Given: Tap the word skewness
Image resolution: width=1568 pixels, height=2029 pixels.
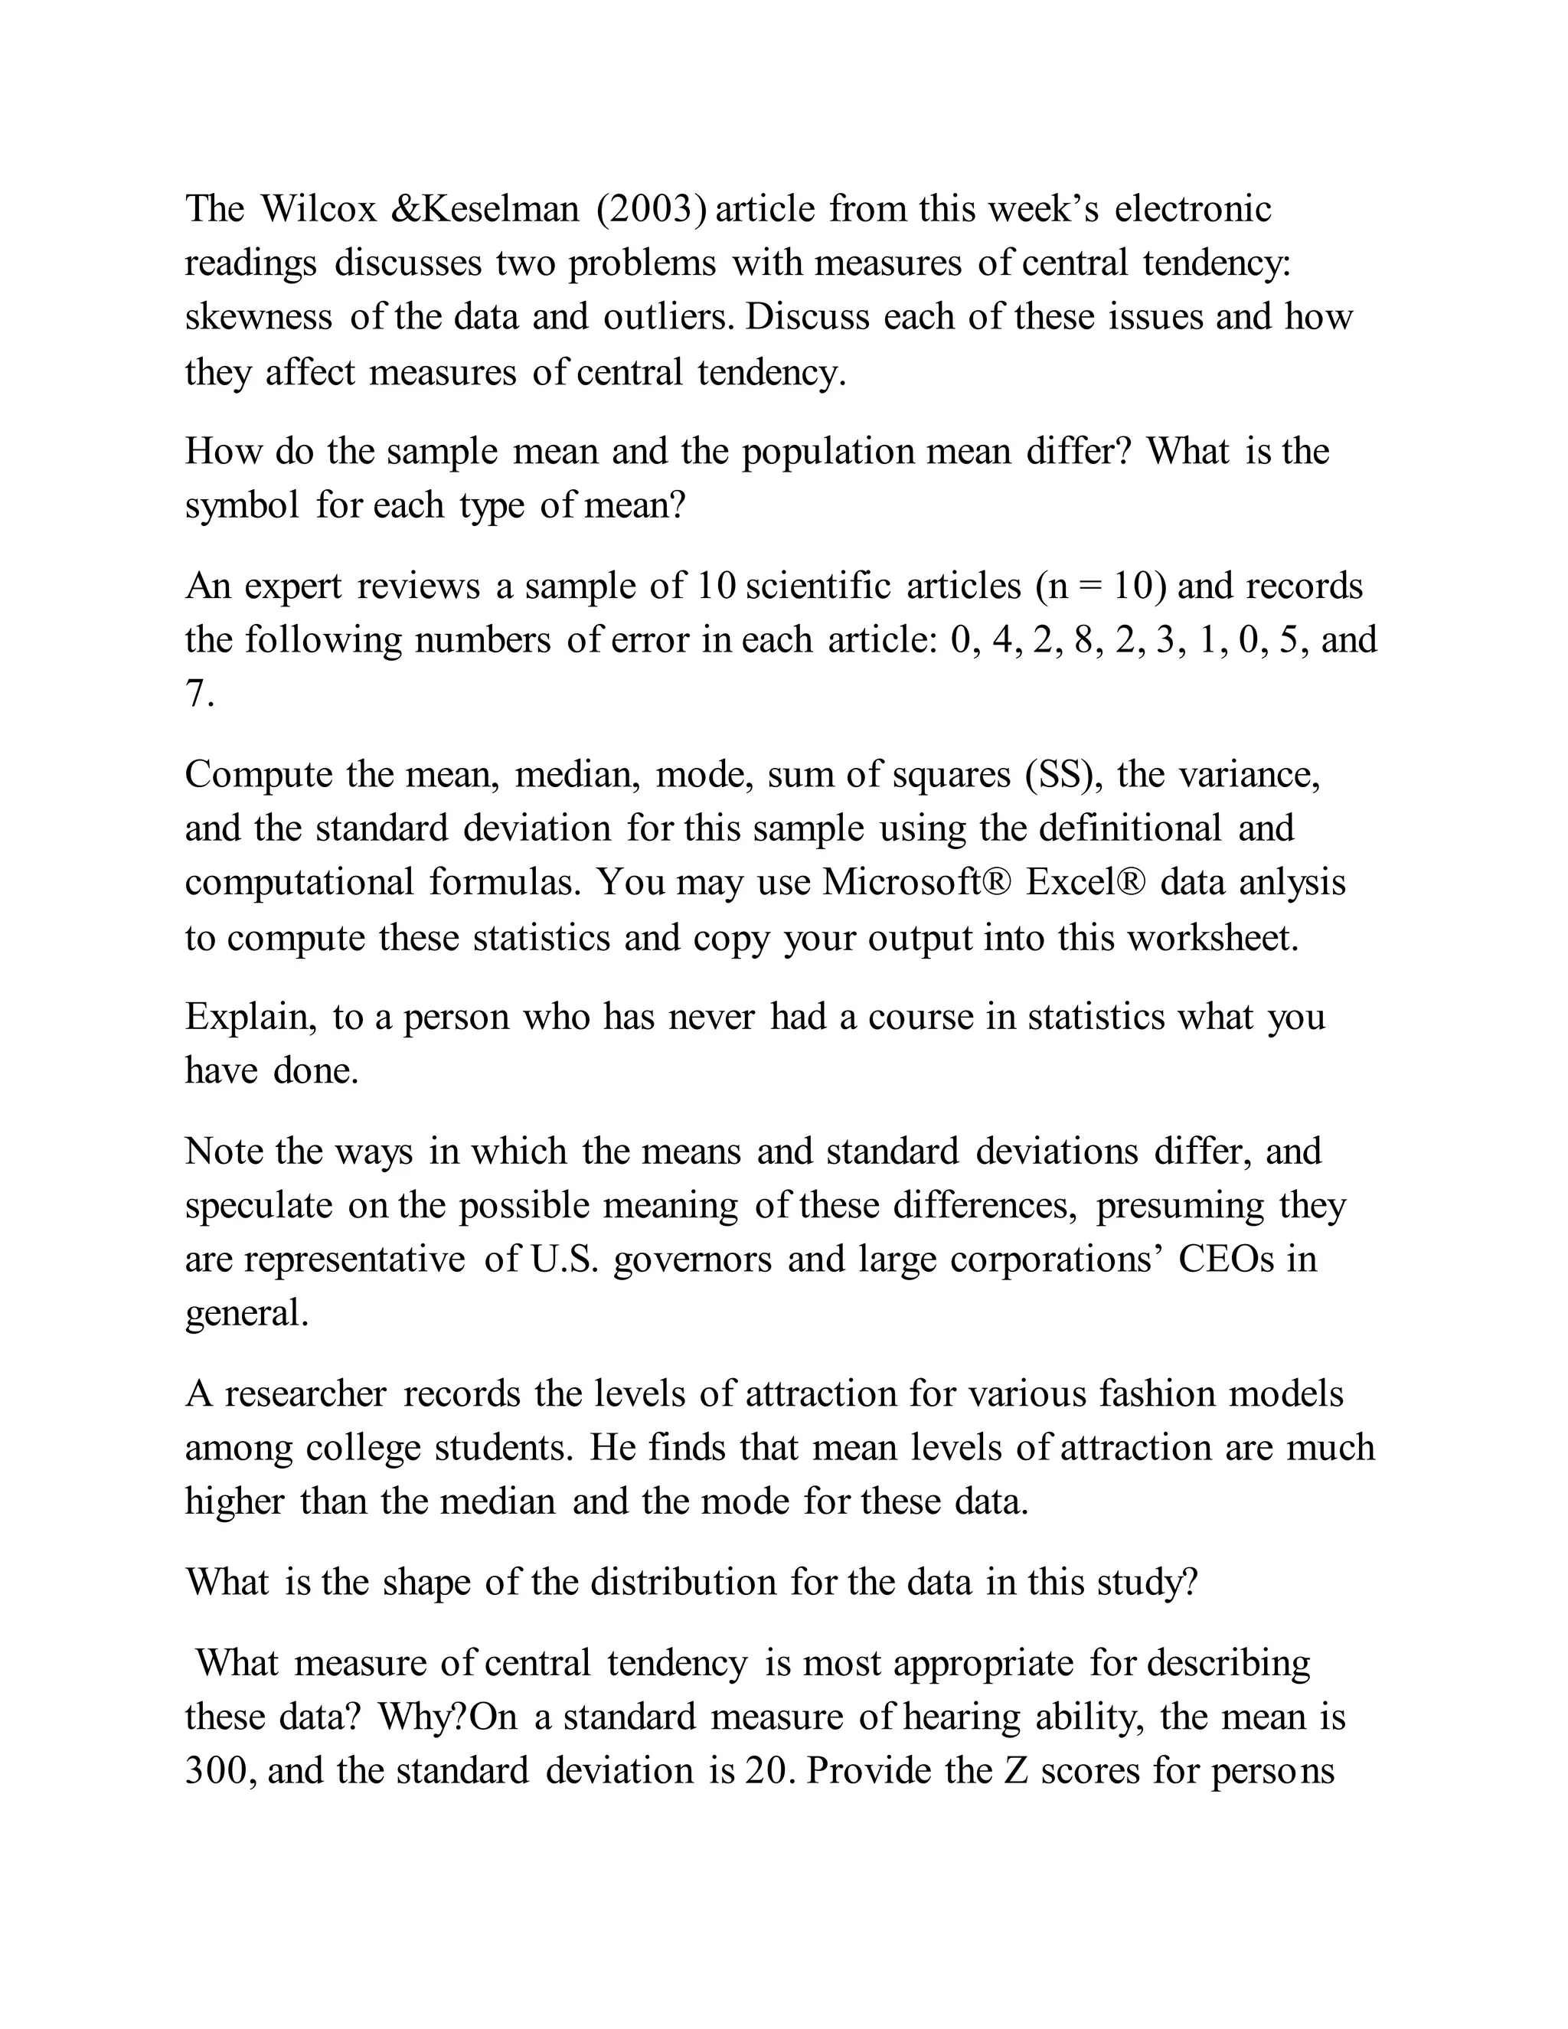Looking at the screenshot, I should pyautogui.click(x=258, y=317).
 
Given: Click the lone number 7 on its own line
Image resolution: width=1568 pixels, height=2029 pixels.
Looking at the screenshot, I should pyautogui.click(x=195, y=694).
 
